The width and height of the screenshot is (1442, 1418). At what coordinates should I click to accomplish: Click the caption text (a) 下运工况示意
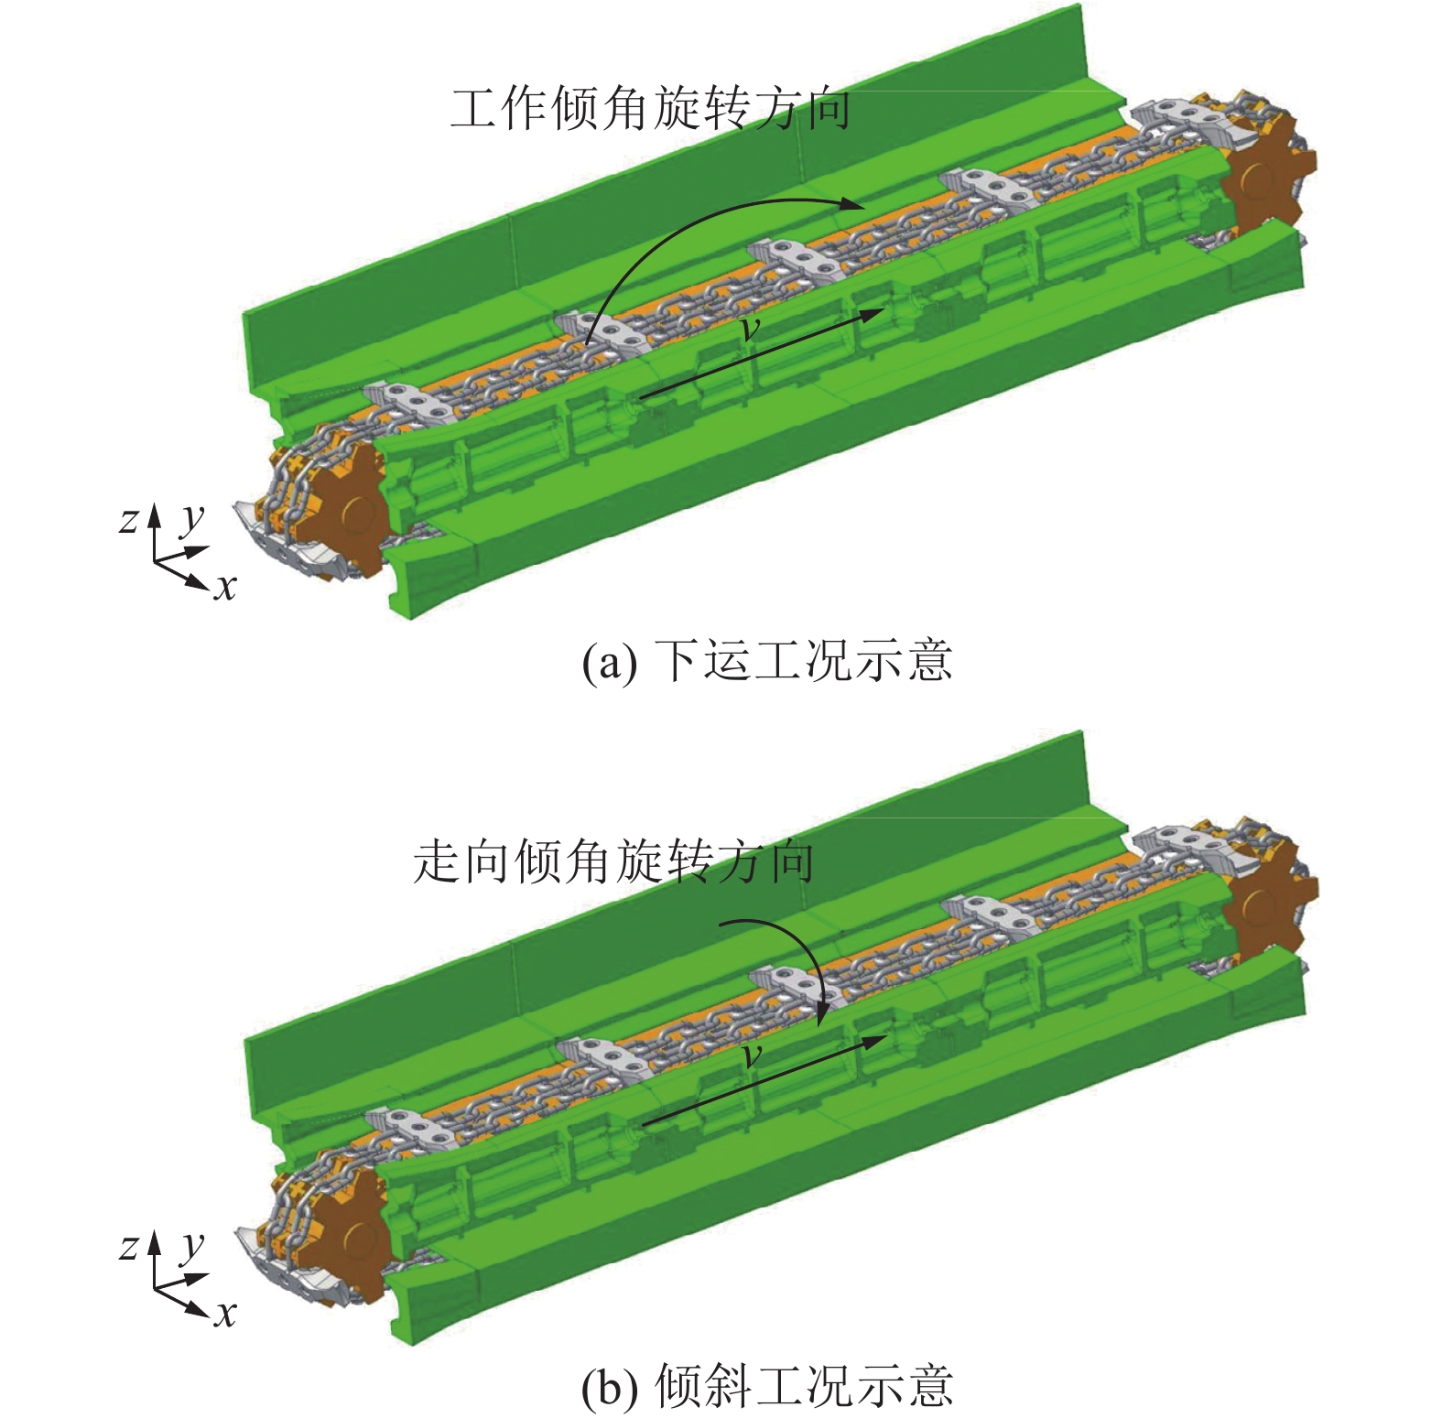pos(767,660)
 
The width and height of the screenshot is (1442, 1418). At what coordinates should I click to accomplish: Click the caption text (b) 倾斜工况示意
pos(767,1385)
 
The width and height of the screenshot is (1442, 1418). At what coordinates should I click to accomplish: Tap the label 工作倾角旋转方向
pos(650,109)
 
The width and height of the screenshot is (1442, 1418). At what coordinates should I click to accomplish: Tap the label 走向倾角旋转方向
pos(613,861)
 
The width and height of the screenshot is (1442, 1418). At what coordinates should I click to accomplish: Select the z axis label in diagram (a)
pos(129,520)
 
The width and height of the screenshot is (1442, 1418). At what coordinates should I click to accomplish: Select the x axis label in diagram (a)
pos(225,587)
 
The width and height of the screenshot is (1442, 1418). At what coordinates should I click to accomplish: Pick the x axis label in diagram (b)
pos(225,1314)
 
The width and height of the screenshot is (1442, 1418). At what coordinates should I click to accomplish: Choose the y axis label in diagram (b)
pos(191,1246)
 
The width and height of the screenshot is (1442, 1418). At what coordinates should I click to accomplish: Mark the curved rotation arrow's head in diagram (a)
pos(852,206)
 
